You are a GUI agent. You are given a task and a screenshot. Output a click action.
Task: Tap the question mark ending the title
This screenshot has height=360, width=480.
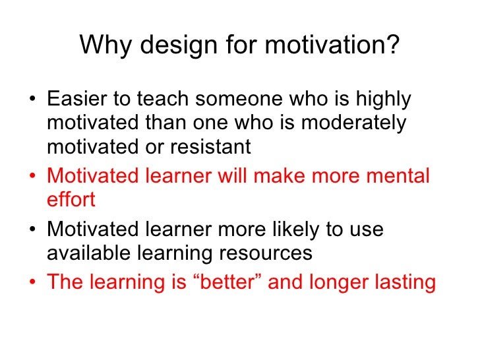(392, 46)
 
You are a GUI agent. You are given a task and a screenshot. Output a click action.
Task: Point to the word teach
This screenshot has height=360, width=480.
(165, 100)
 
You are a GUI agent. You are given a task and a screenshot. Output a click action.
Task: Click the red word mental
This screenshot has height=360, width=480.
(395, 176)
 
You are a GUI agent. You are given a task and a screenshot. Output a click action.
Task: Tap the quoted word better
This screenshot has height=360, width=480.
(239, 282)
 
